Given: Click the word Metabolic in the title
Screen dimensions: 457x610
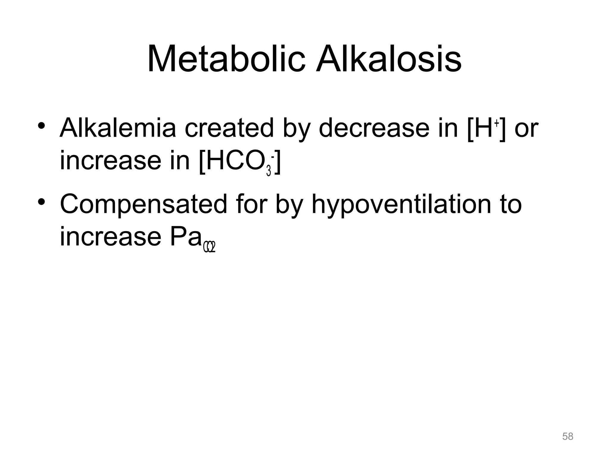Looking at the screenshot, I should pyautogui.click(x=226, y=59).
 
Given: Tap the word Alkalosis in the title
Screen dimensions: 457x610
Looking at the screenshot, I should pyautogui.click(x=389, y=59).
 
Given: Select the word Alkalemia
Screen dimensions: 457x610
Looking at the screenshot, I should pyautogui.click(x=118, y=128).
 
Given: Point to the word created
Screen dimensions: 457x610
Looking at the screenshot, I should pyautogui.click(x=229, y=128).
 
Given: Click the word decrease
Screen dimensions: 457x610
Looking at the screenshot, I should pyautogui.click(x=374, y=128).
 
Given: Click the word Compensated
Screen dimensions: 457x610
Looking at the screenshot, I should pyautogui.click(x=143, y=204).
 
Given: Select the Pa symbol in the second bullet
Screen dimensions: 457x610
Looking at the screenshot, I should pyautogui.click(x=185, y=237).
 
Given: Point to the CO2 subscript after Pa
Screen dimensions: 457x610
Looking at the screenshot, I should pyautogui.click(x=209, y=247).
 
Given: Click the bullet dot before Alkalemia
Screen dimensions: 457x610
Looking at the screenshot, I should pyautogui.click(x=41, y=126).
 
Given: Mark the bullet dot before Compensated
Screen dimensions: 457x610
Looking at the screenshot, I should pyautogui.click(x=41, y=202).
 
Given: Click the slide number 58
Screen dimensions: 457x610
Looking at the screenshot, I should pyautogui.click(x=567, y=436).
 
